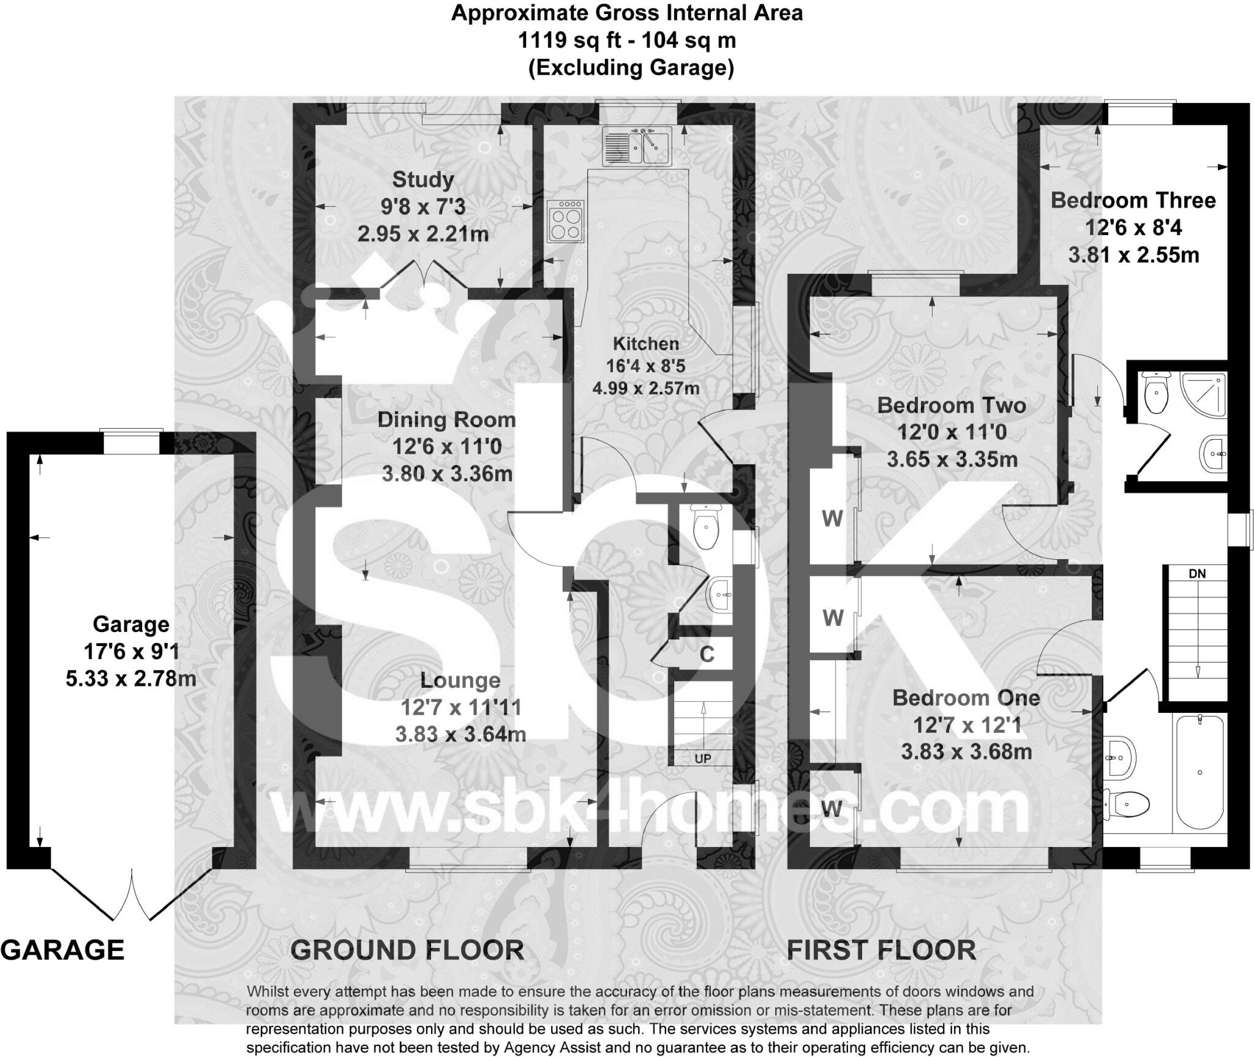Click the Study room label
coord(422,179)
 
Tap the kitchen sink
coord(637,146)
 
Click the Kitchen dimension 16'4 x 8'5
coord(645,366)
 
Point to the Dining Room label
coord(446,419)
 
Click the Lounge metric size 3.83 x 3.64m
coord(460,734)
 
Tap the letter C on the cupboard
coord(707,654)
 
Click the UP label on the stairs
coord(702,759)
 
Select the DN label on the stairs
coord(1196,574)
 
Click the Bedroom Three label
coord(1133,200)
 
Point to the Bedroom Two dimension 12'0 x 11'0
coord(952,432)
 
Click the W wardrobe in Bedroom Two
coord(832,519)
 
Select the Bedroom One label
coord(966,698)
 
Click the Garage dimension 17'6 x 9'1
coord(131,651)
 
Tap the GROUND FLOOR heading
coord(407,950)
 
